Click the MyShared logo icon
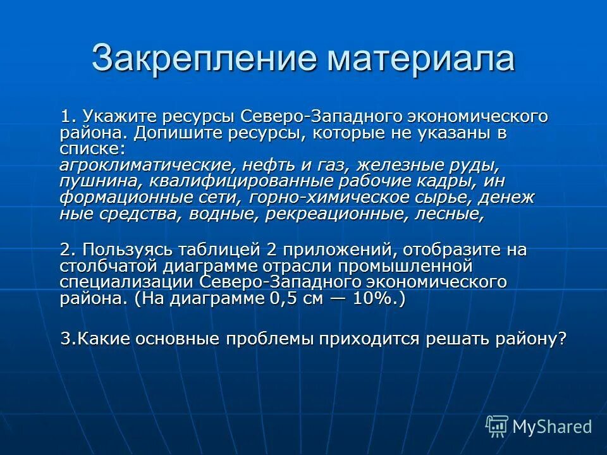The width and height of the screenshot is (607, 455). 497,426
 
